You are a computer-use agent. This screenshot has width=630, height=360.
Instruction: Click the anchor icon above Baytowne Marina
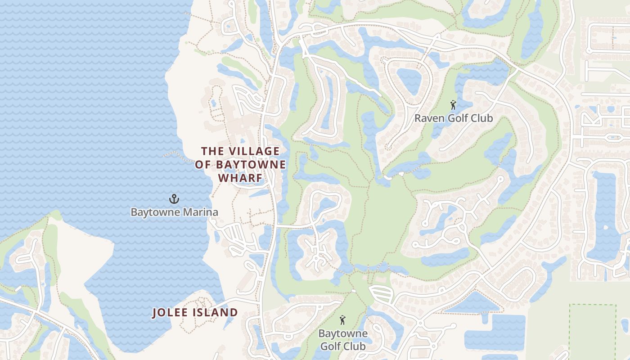174,198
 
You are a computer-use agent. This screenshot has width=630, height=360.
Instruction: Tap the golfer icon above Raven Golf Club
453,105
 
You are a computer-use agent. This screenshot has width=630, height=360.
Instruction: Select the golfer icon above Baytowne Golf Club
343,320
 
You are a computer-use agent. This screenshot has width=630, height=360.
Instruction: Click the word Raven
429,118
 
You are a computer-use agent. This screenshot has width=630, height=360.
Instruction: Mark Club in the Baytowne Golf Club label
355,346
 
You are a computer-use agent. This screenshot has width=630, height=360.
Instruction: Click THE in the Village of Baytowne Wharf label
212,151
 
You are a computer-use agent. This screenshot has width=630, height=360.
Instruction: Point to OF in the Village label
203,165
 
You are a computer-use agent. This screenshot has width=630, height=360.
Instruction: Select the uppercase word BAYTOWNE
251,165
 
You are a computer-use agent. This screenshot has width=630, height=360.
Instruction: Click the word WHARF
240,178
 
